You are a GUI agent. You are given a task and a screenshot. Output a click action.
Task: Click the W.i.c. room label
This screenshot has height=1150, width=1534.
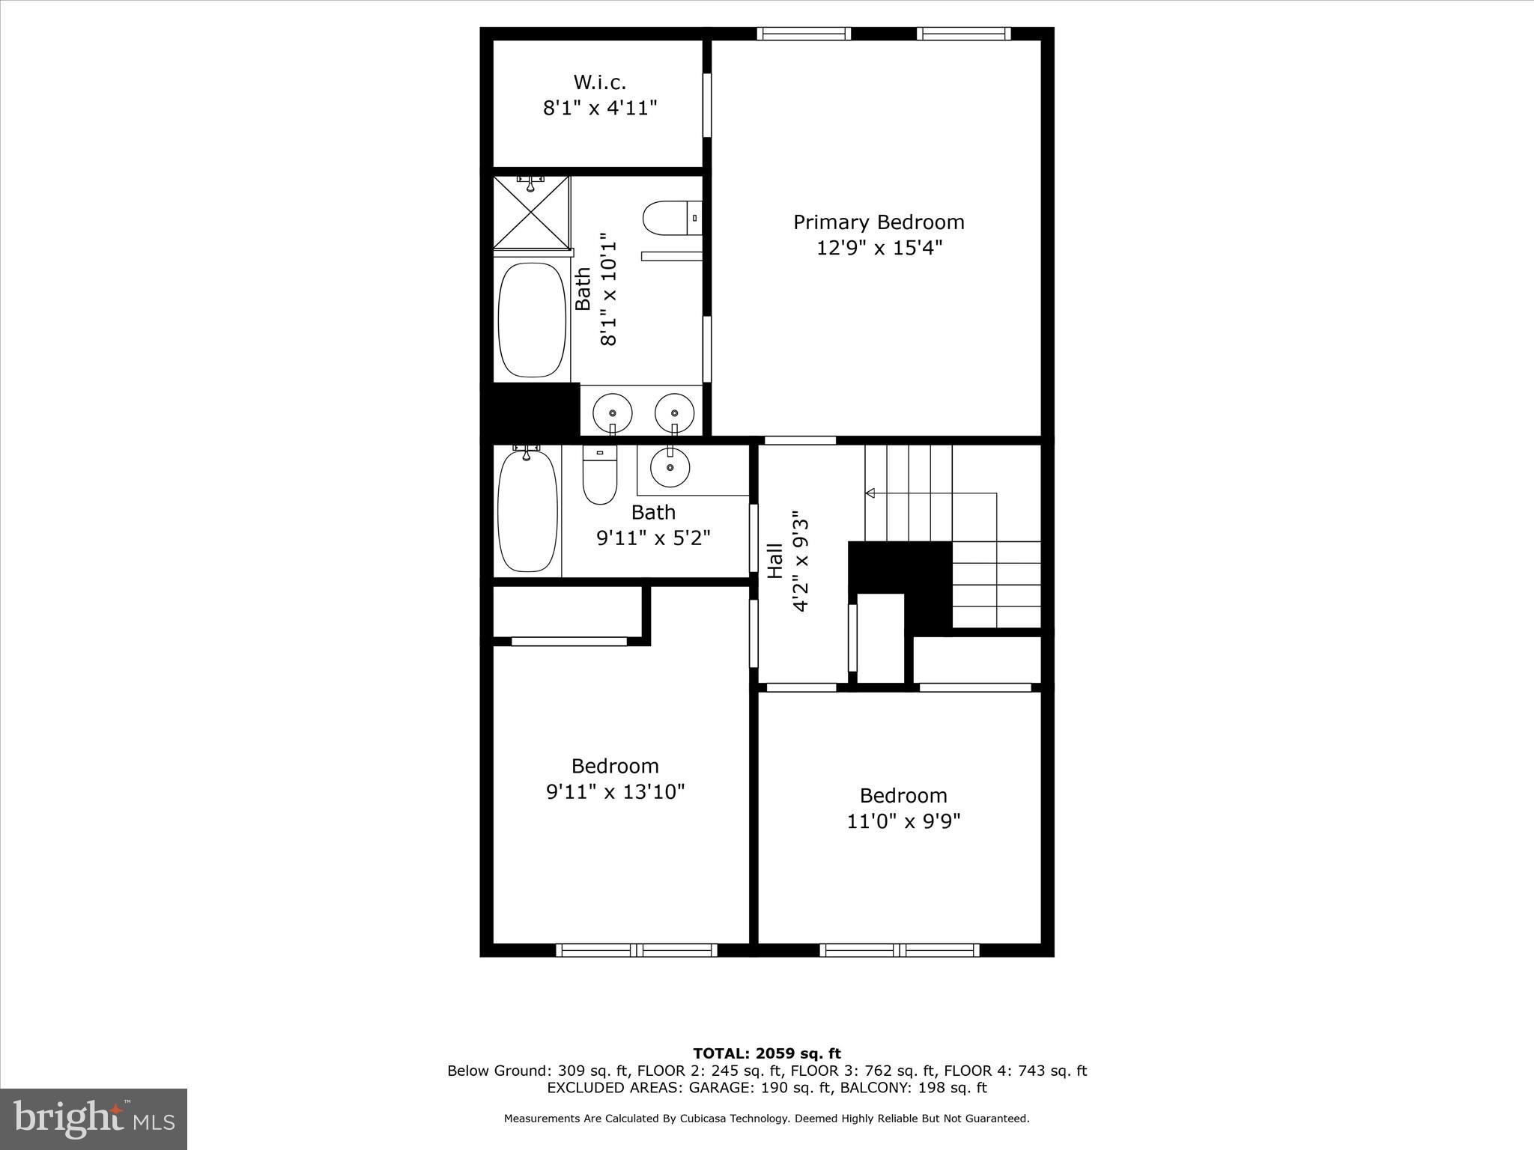pos(599,82)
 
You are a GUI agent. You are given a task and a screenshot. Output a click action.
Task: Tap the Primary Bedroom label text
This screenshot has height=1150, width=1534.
pos(879,222)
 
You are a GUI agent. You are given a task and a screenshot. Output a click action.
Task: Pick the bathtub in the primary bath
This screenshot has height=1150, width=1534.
pos(532,319)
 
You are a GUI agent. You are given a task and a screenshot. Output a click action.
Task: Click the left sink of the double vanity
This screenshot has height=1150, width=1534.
pos(612,413)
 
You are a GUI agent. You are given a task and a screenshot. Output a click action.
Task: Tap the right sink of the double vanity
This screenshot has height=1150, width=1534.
pos(674,413)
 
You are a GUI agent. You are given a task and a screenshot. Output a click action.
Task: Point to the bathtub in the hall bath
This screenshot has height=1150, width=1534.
pos(527,511)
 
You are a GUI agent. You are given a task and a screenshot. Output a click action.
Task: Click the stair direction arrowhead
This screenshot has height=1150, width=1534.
pos(870,493)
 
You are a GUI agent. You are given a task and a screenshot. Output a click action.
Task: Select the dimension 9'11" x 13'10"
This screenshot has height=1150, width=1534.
pos(615,792)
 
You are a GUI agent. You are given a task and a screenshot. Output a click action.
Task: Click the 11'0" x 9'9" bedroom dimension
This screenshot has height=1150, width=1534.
pos(903,821)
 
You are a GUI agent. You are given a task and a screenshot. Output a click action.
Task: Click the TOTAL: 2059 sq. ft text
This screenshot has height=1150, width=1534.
pos(766,1054)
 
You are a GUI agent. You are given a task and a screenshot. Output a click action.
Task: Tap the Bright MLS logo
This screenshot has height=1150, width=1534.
pos(94,1119)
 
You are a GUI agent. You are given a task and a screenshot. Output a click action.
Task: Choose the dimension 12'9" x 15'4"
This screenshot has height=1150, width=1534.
pos(879,248)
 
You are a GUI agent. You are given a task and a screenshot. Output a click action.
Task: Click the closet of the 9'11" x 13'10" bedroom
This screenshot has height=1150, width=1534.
pos(567,611)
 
